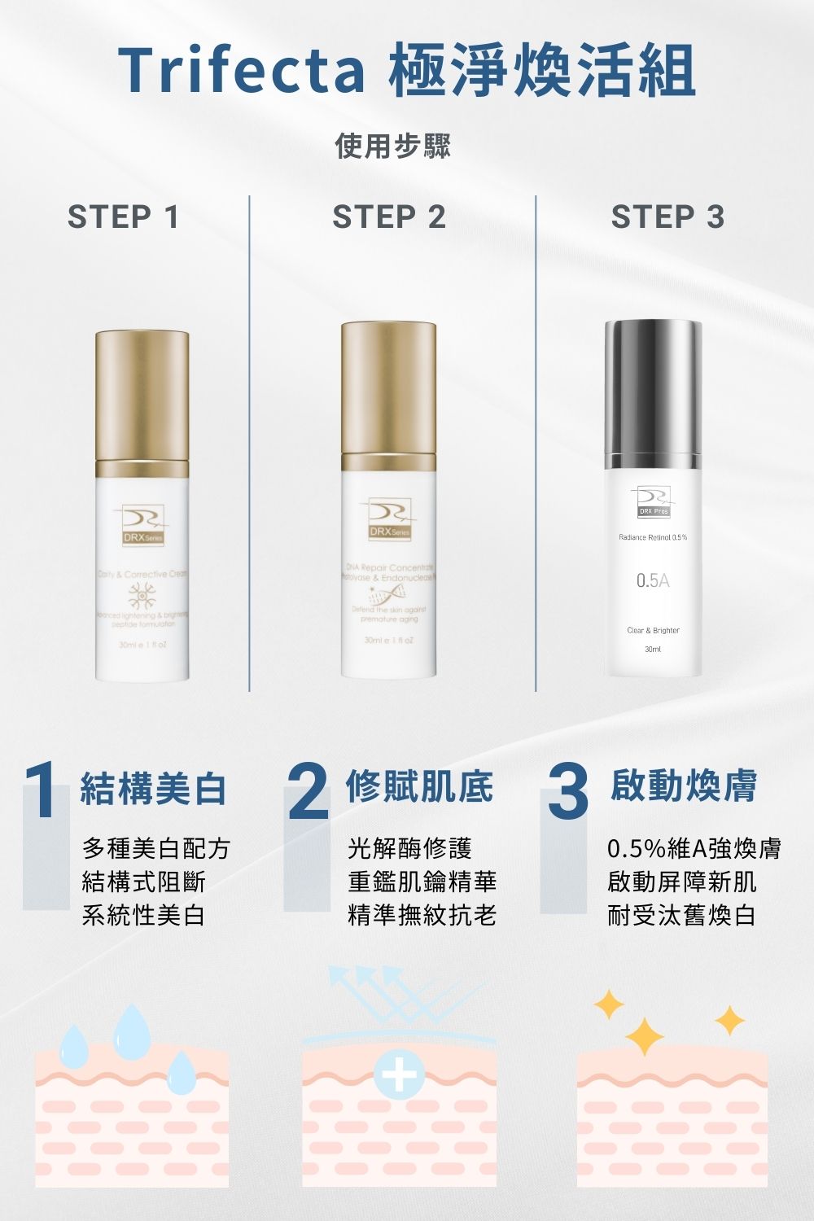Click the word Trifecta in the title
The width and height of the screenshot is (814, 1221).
(242, 71)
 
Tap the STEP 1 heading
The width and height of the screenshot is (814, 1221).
(123, 217)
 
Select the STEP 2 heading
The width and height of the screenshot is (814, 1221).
(389, 217)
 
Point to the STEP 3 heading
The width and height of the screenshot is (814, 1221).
(667, 217)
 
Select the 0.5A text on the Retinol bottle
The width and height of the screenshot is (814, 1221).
(653, 580)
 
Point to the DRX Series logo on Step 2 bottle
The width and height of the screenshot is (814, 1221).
(389, 520)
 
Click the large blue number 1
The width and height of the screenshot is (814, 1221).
(41, 792)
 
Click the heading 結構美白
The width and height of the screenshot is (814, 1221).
(153, 788)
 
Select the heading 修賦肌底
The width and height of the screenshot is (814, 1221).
(419, 786)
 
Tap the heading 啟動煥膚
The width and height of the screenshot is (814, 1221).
(684, 786)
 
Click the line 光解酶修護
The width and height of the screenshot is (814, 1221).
(409, 848)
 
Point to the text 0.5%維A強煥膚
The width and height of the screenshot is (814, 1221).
(694, 848)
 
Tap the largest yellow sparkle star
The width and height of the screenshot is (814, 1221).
(645, 1035)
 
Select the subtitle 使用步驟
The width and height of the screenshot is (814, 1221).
(392, 146)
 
